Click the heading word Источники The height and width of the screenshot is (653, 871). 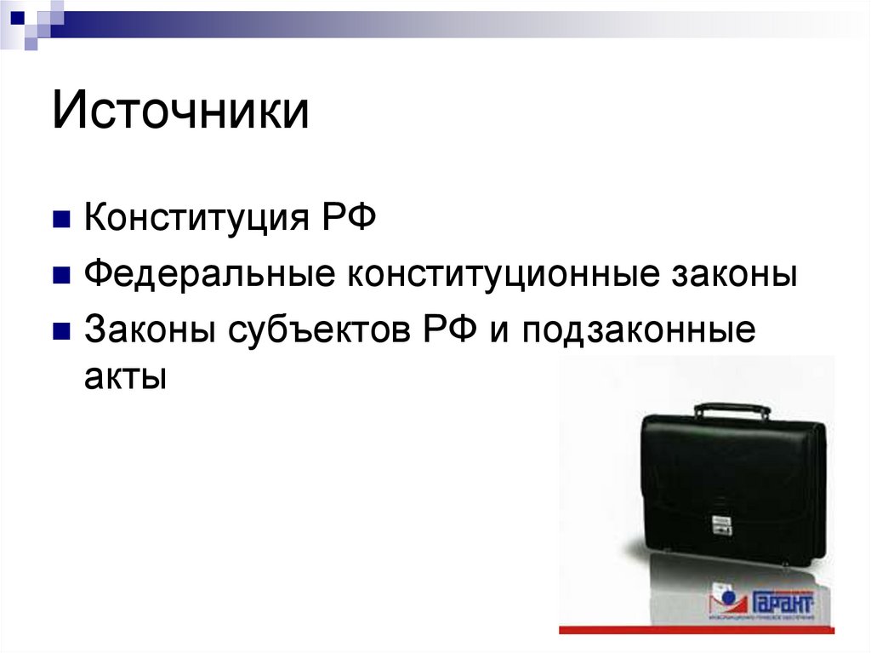click(x=180, y=113)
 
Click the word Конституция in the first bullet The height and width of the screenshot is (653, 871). click(x=195, y=220)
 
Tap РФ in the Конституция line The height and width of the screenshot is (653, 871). click(x=347, y=220)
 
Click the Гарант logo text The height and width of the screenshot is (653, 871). click(x=782, y=602)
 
